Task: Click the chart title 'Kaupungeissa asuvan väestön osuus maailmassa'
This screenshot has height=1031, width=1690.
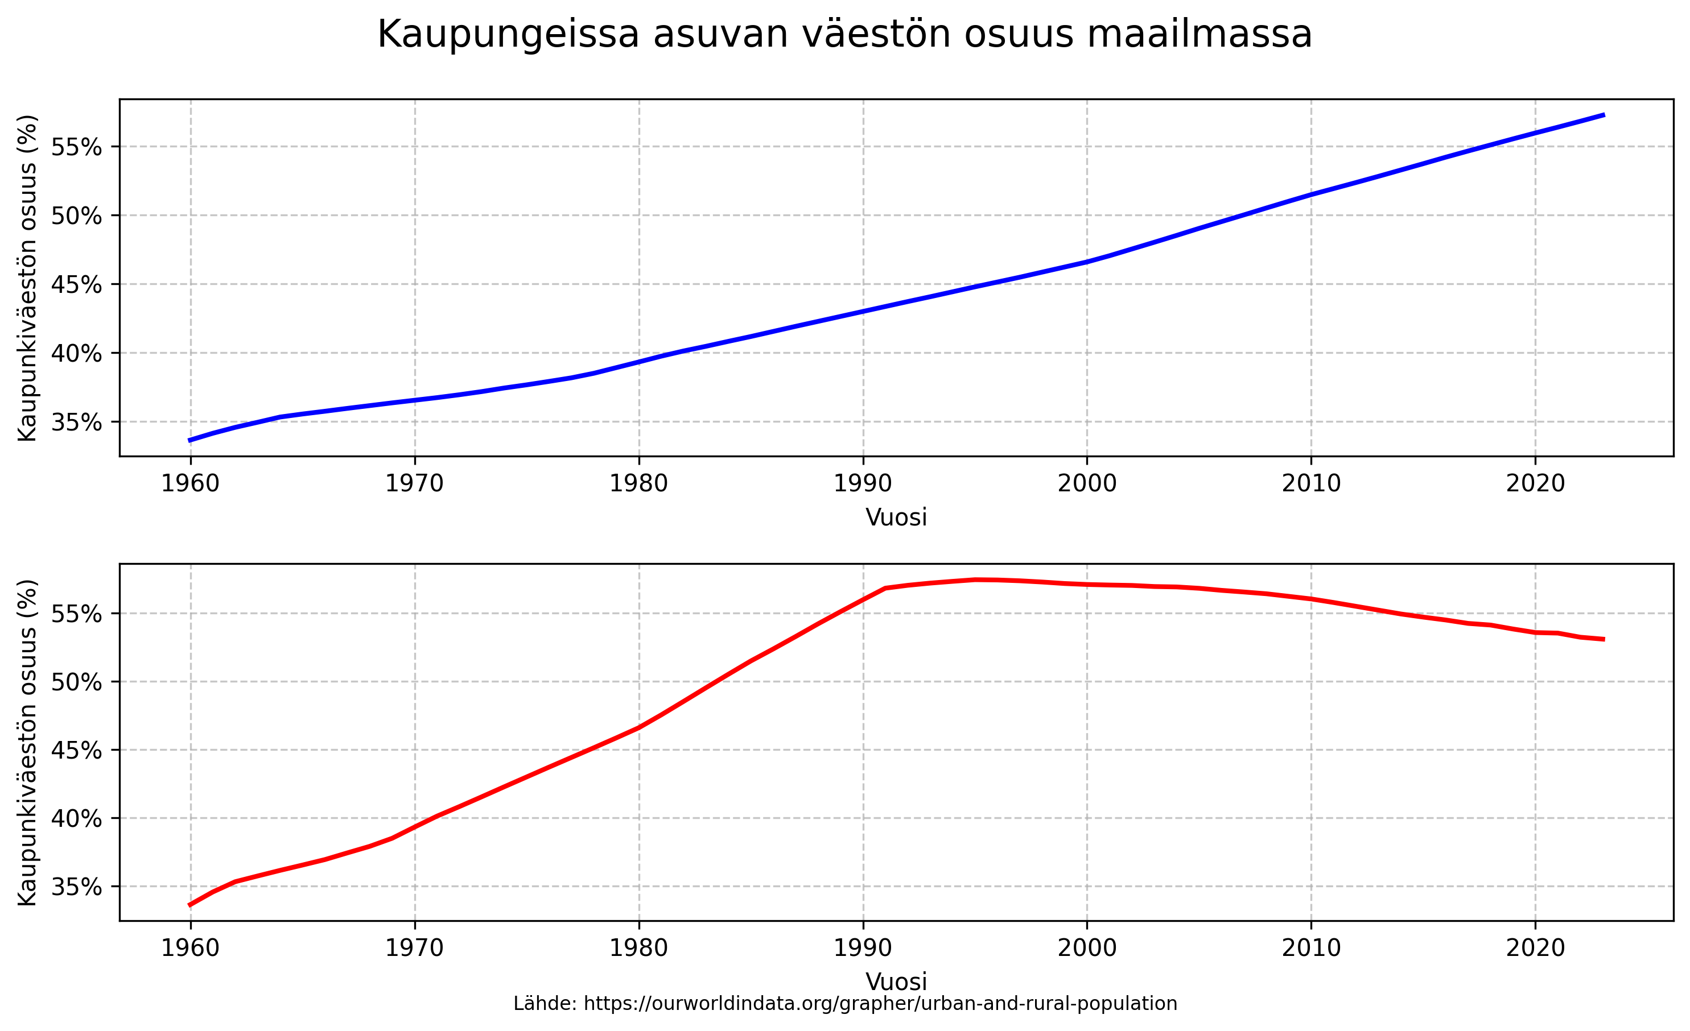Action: click(x=844, y=34)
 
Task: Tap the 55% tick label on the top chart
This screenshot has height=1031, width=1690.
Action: click(x=76, y=147)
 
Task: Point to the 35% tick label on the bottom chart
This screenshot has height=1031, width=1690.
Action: click(x=76, y=887)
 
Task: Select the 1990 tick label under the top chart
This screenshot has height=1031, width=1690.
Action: click(x=862, y=484)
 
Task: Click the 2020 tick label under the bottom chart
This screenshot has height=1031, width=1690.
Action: click(x=1535, y=948)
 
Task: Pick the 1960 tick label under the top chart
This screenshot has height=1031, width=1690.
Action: click(x=190, y=484)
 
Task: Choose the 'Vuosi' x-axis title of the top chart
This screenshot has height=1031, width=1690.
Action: click(x=896, y=517)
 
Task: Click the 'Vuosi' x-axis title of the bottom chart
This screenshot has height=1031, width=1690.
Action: click(x=896, y=982)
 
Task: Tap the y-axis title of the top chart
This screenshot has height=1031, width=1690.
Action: click(x=27, y=278)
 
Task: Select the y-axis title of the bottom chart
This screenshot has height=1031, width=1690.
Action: click(x=27, y=743)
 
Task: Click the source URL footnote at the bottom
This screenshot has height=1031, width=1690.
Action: click(x=845, y=1004)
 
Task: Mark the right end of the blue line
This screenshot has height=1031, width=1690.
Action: click(x=1604, y=115)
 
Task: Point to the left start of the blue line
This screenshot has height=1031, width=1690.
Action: click(x=190, y=440)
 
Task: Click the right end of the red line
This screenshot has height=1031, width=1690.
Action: click(x=1604, y=640)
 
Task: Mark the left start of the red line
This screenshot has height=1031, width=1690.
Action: click(x=190, y=905)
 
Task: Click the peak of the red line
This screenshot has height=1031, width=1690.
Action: click(x=975, y=580)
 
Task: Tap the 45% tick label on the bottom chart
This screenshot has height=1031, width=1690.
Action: click(x=76, y=750)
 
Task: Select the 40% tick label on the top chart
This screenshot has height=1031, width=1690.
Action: click(x=76, y=353)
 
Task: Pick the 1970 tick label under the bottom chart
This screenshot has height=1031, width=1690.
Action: click(x=414, y=948)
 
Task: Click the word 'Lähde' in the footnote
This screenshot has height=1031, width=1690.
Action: click(x=545, y=1004)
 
